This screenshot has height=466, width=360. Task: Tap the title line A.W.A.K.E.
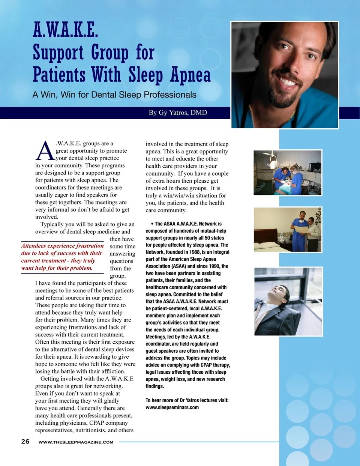pyautogui.click(x=65, y=30)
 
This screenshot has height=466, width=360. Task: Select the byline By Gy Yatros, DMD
pyautogui.click(x=178, y=113)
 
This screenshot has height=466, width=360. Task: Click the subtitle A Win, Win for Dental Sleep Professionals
pyautogui.click(x=114, y=95)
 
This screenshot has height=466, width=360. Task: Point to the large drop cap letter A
pyautogui.click(x=45, y=151)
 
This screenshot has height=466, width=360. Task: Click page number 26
pyautogui.click(x=25, y=442)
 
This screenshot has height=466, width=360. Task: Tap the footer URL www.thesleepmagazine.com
pyautogui.click(x=76, y=442)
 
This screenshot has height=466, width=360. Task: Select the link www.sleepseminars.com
pyautogui.click(x=172, y=407)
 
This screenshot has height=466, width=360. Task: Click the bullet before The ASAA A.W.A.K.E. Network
pyautogui.click(x=152, y=224)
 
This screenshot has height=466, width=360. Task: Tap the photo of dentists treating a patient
pyautogui.click(x=288, y=172)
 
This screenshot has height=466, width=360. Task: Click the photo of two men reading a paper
pyautogui.click(x=288, y=230)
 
